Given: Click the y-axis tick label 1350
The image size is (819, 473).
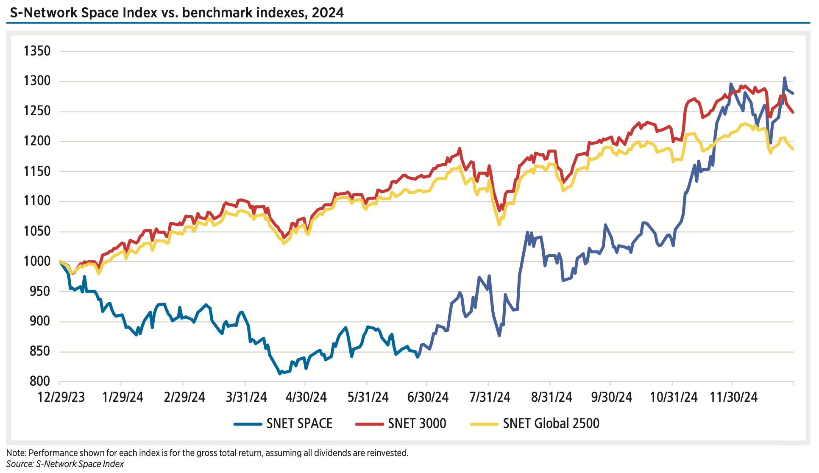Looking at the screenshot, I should click(x=37, y=51).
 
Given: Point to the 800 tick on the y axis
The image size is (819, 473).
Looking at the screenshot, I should click(x=40, y=381).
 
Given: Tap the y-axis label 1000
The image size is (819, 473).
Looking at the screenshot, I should click(x=37, y=262).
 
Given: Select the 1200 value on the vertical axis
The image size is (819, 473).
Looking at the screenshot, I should click(x=37, y=141).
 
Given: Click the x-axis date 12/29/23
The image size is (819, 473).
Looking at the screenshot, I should click(x=61, y=398).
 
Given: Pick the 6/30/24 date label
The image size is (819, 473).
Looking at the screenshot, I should click(x=428, y=398).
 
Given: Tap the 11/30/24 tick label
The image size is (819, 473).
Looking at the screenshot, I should click(x=733, y=398).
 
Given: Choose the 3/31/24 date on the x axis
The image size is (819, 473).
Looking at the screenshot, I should click(x=246, y=398).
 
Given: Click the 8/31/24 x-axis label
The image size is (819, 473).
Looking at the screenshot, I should click(x=552, y=398).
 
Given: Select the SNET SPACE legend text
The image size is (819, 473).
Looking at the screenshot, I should click(x=299, y=423).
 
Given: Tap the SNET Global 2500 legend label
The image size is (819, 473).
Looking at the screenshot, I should click(x=551, y=423).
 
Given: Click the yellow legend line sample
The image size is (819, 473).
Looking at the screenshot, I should click(x=484, y=423).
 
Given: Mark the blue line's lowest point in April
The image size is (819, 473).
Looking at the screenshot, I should click(x=280, y=374).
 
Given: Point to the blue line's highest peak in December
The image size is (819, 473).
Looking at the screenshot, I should click(x=784, y=78).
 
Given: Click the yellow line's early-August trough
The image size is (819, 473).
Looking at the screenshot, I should click(x=499, y=224).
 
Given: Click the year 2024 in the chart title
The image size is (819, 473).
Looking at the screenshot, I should click(x=328, y=13).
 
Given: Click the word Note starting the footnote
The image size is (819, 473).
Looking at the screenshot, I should click(x=16, y=453).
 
